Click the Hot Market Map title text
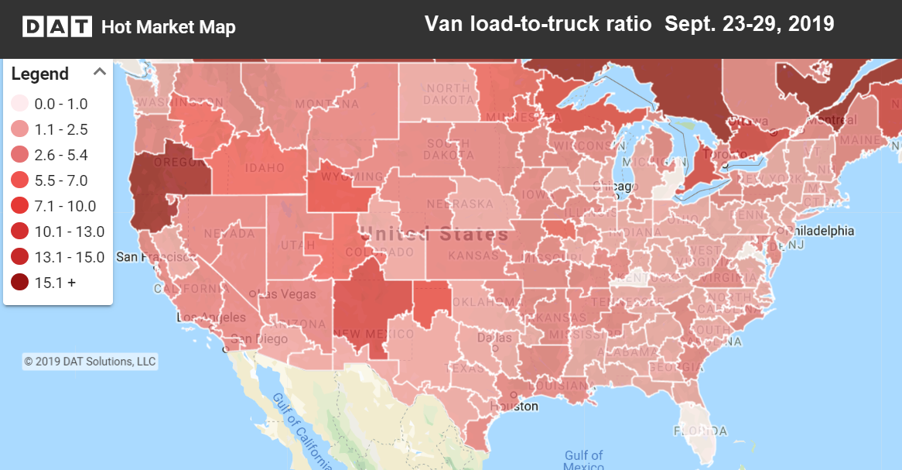(169, 28)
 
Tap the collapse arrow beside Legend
(99, 72)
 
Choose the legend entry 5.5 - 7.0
(61, 180)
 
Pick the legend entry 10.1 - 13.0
(69, 232)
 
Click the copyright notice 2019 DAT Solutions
(90, 362)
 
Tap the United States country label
(435, 234)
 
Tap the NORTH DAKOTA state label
(448, 95)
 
